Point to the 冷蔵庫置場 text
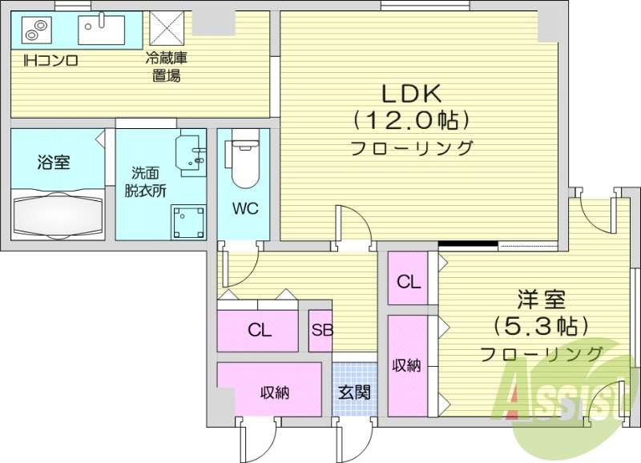pos(166,67)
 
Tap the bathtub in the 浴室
pos(58,214)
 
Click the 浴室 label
pos(53,162)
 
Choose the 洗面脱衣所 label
pos(144,181)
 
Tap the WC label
pos(245,209)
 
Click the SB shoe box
pos(321,331)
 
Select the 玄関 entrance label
pos(353,393)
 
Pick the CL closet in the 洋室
pos(409,281)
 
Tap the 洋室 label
pos(541,301)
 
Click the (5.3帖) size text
pos(541,326)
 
